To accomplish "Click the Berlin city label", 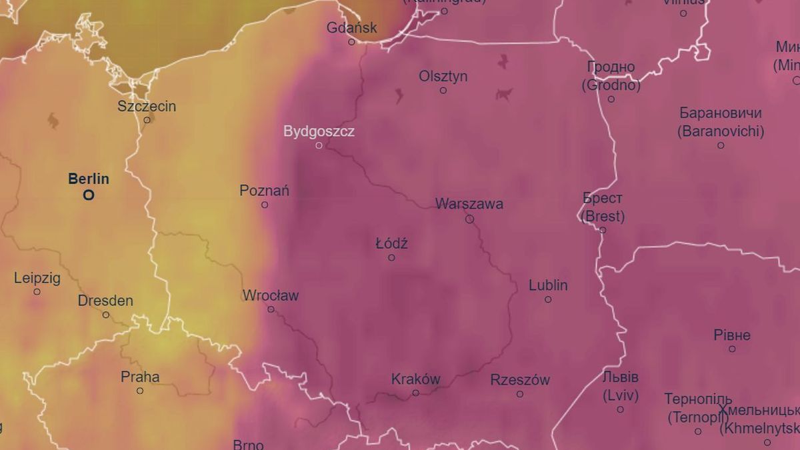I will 89,179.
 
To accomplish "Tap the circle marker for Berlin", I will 89,195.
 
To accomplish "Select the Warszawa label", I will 469,204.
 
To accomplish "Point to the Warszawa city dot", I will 469,219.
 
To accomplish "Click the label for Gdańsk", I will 352,28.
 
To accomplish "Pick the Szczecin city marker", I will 147,120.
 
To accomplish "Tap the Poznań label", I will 265,191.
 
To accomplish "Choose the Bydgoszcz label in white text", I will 319,131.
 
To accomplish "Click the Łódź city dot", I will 391,257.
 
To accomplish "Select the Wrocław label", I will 271,295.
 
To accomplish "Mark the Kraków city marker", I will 415,393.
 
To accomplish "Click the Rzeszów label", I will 520,380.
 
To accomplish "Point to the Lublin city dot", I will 548,299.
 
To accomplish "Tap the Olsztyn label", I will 443,76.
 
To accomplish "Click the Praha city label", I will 140,377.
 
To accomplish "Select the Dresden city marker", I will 106,315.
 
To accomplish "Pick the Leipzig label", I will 37,278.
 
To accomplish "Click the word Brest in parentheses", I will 603,216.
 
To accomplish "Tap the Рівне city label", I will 732,335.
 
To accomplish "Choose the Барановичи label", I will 721,113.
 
